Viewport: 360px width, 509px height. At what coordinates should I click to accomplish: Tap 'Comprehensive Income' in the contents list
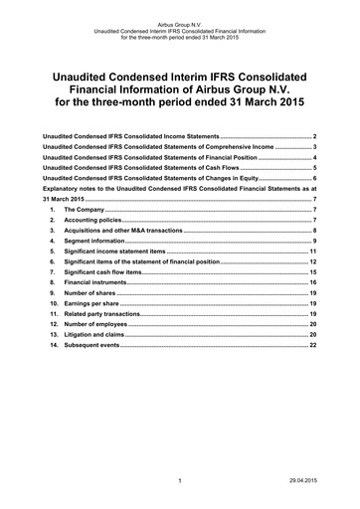[234, 147]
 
